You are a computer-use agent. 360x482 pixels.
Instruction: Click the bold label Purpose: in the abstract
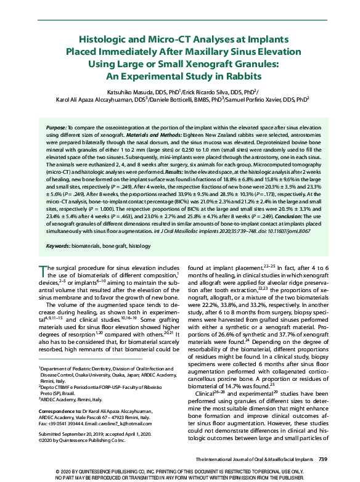[x=59, y=126]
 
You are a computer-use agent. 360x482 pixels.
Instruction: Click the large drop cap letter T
[x=43, y=272]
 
